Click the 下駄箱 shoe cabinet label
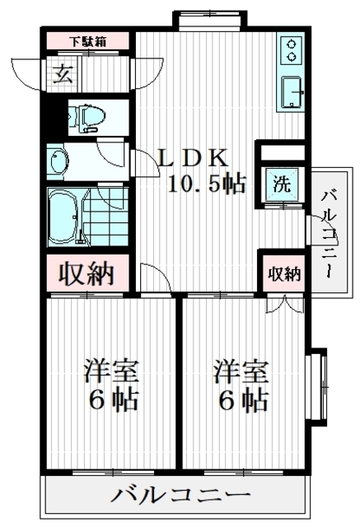click(x=87, y=41)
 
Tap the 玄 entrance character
click(x=63, y=74)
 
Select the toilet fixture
click(x=86, y=119)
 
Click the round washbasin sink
click(x=59, y=161)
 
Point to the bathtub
click(x=65, y=217)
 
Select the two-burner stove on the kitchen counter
click(x=291, y=50)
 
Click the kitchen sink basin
click(x=292, y=92)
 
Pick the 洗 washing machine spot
click(x=282, y=184)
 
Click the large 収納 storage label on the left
click(x=86, y=273)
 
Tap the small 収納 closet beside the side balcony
click(x=284, y=274)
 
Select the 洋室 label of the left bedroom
click(x=111, y=372)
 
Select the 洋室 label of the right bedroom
click(x=241, y=372)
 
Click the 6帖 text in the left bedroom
click(x=114, y=400)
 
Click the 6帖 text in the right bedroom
click(x=244, y=400)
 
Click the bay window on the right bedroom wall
click(x=317, y=387)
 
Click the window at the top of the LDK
click(x=210, y=21)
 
